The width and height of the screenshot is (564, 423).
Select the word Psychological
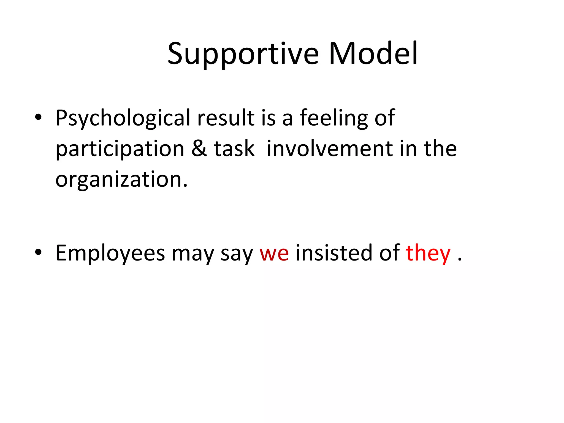[123, 118]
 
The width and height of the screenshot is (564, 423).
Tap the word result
[226, 118]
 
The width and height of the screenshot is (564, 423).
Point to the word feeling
[333, 118]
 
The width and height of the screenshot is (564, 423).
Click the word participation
[120, 149]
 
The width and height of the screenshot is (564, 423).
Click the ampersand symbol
[199, 148]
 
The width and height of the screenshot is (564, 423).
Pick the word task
[234, 148]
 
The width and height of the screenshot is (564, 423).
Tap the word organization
[121, 180]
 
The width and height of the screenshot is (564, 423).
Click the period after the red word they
[460, 259]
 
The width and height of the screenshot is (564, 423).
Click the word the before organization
[440, 148]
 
